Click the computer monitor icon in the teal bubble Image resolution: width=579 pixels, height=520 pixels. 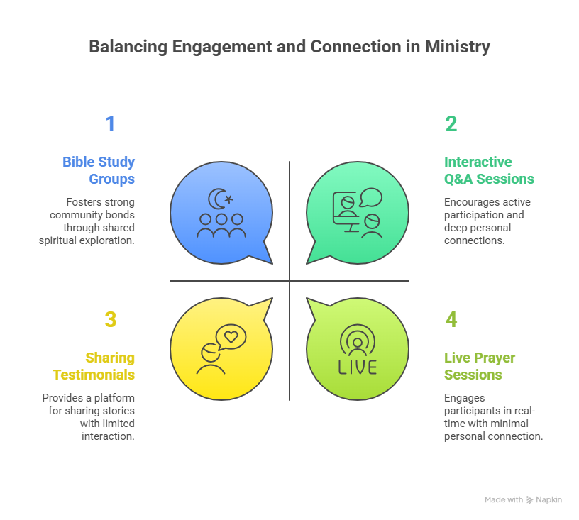[346, 211]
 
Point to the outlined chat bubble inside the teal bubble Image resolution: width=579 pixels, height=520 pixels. [370, 197]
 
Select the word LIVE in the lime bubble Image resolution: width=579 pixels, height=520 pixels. [358, 368]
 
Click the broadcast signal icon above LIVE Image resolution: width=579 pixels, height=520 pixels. [358, 342]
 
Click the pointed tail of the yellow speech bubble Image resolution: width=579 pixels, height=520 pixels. [265, 307]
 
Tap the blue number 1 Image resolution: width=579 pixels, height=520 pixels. [109, 126]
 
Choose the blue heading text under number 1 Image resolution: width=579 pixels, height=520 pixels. [99, 167]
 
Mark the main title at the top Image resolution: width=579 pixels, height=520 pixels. [289, 48]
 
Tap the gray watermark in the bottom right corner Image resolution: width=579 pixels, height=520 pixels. [524, 502]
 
